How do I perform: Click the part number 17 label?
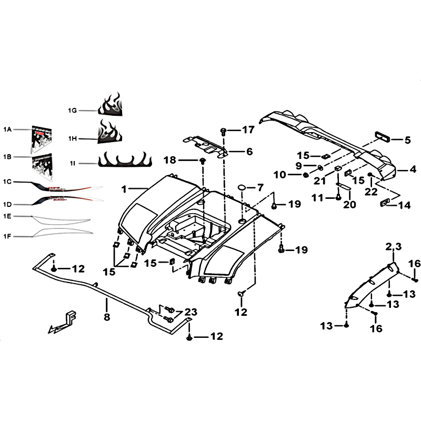point(248,130)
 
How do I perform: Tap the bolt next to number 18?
point(202,161)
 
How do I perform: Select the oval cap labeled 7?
point(242,187)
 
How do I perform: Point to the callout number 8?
point(107,317)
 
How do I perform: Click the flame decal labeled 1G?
point(111,105)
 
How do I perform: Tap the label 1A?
point(7,129)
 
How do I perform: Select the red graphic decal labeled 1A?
point(42,139)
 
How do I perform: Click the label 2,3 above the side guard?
point(394,246)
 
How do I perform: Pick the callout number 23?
point(191,312)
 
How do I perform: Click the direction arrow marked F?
point(63,323)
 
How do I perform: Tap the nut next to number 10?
point(305,175)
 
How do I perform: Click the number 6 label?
point(249,152)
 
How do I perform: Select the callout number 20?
point(349,205)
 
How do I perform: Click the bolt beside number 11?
point(338,198)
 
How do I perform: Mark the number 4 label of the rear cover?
point(413,169)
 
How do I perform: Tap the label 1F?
point(7,236)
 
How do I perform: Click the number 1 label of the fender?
point(124,189)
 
